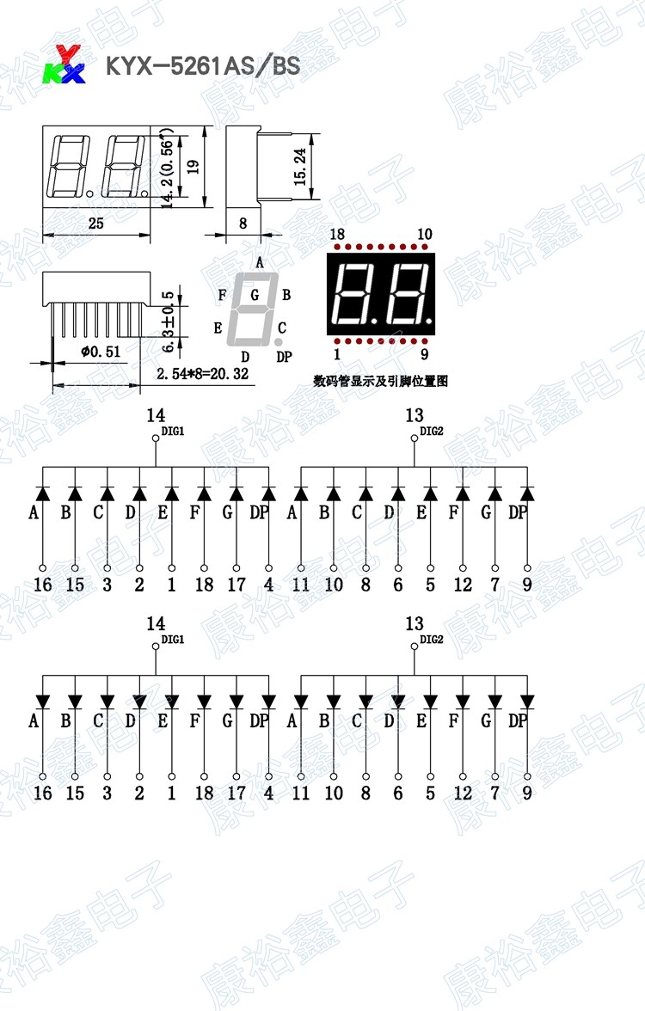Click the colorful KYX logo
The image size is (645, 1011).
[x=64, y=64]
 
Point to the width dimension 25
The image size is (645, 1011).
[x=95, y=224]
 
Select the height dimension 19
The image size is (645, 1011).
[x=193, y=166]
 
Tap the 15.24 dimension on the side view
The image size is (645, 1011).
[x=299, y=167]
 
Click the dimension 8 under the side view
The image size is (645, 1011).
[x=243, y=224]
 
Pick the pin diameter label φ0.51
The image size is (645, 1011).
[x=100, y=351]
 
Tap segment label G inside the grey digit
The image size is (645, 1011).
[x=255, y=295]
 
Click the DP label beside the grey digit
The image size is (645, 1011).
[x=284, y=357]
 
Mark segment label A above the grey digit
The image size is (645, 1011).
[x=259, y=263]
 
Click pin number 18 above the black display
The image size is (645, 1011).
[x=336, y=235]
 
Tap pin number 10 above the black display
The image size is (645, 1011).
[x=424, y=235]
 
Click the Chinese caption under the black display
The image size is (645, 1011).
[x=381, y=381]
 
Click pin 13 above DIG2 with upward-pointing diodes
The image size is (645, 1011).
[x=414, y=416]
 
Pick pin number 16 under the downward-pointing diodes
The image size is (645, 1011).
[x=42, y=792]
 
